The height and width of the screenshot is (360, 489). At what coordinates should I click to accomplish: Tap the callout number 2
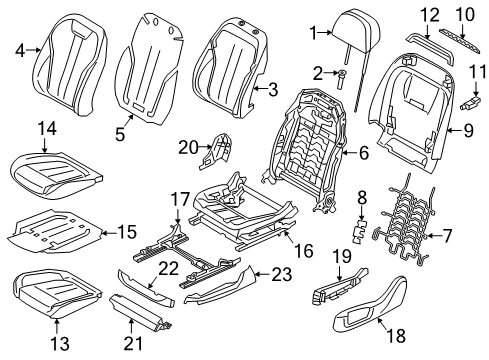coord(319,73)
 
